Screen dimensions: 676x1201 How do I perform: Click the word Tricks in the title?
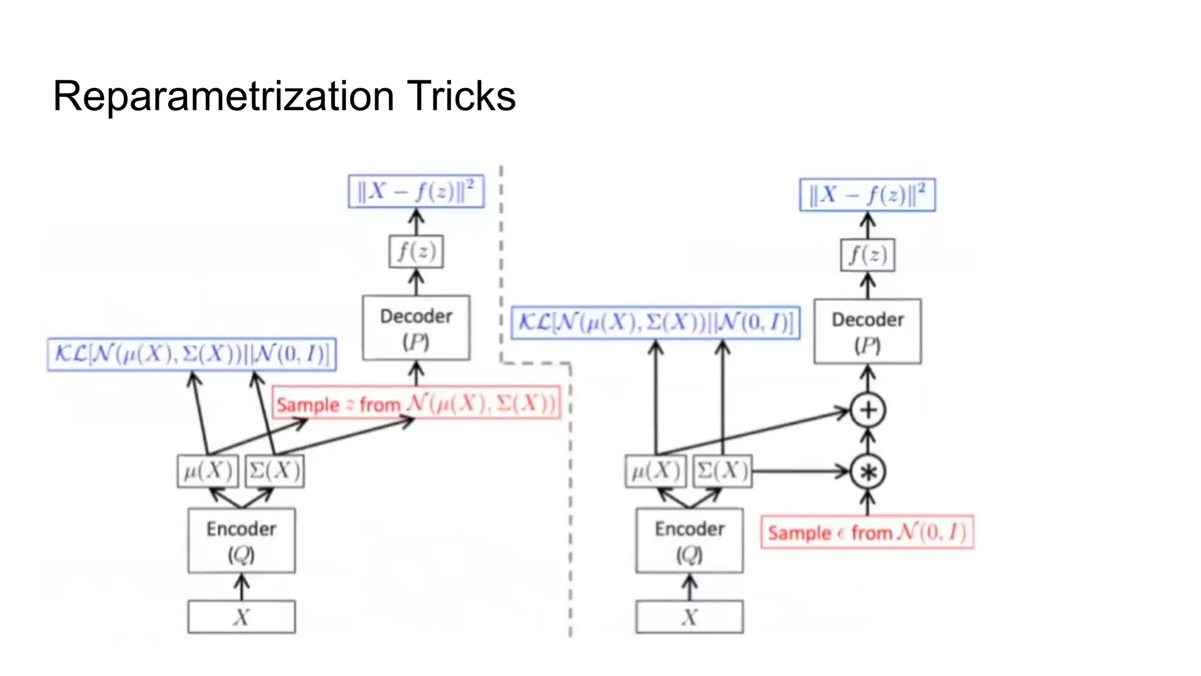461,96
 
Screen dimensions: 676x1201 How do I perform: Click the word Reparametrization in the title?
223,96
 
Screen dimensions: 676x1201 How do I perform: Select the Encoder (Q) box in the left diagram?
242,540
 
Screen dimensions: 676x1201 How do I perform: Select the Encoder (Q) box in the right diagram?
690,540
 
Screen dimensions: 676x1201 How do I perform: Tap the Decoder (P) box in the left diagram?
416,328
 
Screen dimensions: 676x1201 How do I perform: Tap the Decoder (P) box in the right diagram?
867,332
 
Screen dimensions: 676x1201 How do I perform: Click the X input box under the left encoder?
242,617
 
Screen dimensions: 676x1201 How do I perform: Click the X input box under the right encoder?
690,617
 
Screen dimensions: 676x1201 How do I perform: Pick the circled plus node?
868,410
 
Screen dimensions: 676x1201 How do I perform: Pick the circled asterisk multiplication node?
868,472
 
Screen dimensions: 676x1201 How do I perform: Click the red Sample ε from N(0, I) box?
867,532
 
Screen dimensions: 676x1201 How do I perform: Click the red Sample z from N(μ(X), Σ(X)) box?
416,403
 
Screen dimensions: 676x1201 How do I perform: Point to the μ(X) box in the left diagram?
208,471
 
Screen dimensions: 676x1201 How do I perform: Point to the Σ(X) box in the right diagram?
722,471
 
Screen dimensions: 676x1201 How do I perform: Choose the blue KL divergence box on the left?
192,354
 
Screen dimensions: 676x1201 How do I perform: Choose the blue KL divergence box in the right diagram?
656,322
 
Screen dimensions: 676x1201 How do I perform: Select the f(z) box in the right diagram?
867,255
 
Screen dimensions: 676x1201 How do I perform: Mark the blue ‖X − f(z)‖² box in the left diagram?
416,191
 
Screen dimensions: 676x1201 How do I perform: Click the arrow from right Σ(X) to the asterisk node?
800,471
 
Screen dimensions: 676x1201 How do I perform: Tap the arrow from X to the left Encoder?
242,587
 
